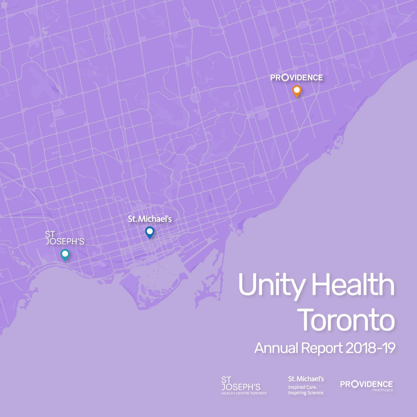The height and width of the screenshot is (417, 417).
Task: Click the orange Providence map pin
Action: tap(297, 91)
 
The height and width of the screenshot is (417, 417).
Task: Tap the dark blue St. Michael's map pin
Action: tap(150, 232)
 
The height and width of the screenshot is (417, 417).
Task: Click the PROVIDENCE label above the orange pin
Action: tap(297, 78)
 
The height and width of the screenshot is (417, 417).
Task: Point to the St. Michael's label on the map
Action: tap(150, 219)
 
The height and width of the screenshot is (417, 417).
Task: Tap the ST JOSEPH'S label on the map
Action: tap(64, 238)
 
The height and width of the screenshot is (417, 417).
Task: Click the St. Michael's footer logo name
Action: tap(306, 379)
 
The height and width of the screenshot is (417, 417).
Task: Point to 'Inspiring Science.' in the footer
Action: tap(306, 393)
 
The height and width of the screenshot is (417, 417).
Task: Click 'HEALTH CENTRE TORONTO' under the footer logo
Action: tap(244, 393)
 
